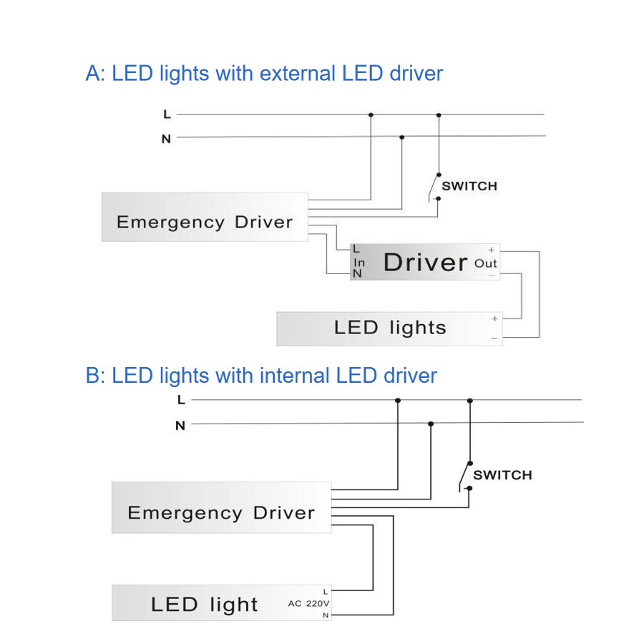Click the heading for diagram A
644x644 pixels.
pos(264,74)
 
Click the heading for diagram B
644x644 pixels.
pos(261,376)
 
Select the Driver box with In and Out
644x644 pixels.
pos(425,262)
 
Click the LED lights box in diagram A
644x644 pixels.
pos(390,328)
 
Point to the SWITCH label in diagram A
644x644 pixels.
pos(469,186)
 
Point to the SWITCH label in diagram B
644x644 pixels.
pos(503,475)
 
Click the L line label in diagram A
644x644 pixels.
pos(167,114)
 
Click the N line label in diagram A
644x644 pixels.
pos(166,139)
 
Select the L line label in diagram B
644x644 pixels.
pos(181,400)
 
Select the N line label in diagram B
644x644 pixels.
pos(180,426)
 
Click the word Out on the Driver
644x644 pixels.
pos(485,263)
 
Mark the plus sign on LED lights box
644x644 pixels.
pos(494,318)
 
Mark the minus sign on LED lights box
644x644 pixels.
pos(494,338)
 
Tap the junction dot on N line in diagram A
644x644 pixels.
pos(401,137)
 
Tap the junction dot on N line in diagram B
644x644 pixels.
pos(431,424)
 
